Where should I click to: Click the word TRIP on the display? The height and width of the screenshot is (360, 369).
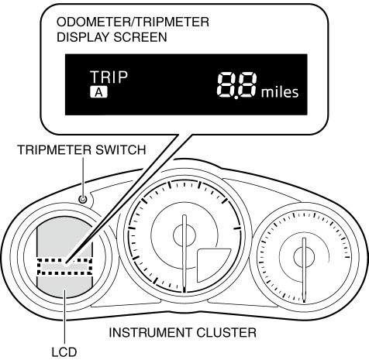109,77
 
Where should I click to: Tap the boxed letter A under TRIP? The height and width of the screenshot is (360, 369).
98,92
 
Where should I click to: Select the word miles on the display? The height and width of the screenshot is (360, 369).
280,92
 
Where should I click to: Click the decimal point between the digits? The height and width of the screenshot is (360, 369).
236,97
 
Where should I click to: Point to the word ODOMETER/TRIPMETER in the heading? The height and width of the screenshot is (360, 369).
133,22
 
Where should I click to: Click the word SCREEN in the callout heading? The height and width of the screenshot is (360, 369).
140,37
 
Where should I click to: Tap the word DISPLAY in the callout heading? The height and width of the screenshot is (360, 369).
84,37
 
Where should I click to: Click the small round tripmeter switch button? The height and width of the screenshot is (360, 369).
83,199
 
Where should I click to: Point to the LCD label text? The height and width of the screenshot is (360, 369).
64,352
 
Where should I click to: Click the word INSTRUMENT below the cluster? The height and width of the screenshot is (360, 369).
150,332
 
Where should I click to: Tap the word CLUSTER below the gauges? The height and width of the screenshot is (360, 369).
226,332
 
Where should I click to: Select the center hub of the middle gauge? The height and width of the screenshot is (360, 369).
184,235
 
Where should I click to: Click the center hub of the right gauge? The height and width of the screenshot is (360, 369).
304,257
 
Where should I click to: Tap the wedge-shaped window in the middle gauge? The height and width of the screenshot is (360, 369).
212,265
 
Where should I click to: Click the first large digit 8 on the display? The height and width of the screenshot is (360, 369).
226,85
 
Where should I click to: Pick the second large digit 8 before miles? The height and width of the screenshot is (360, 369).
248,85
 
